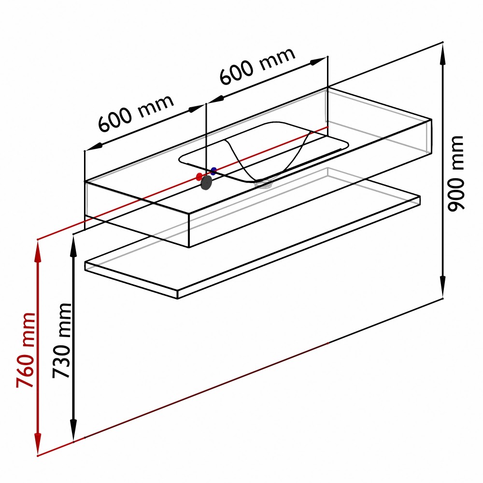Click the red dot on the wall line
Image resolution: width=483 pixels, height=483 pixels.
(199, 177)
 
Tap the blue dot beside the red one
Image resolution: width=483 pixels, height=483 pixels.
(213, 170)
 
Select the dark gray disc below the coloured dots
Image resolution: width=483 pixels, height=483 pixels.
(206, 183)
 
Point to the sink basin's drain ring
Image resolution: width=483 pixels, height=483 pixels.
(263, 184)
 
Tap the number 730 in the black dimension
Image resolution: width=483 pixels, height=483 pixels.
(62, 361)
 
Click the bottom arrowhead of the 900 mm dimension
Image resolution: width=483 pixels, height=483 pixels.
(442, 287)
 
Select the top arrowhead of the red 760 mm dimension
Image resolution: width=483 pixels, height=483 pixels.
(38, 251)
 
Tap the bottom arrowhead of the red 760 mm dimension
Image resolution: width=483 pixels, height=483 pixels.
(38, 444)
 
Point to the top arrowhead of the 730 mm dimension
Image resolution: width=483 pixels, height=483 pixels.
(73, 246)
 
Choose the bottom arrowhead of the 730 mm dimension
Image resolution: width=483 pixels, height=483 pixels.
(73, 430)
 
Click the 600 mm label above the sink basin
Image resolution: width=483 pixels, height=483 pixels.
(257, 66)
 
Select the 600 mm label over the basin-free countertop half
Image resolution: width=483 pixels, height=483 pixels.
(136, 113)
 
